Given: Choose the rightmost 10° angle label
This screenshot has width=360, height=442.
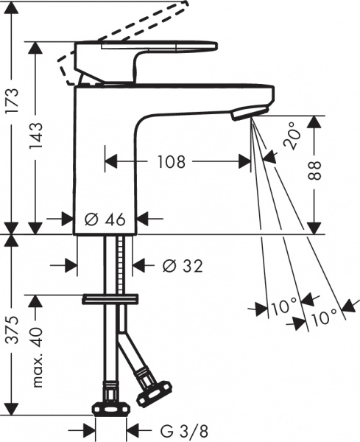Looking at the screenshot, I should click(323, 317).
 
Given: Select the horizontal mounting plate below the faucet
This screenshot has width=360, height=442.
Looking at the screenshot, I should click(110, 298).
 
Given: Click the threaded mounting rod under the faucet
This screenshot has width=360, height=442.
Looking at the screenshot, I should click(116, 265).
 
